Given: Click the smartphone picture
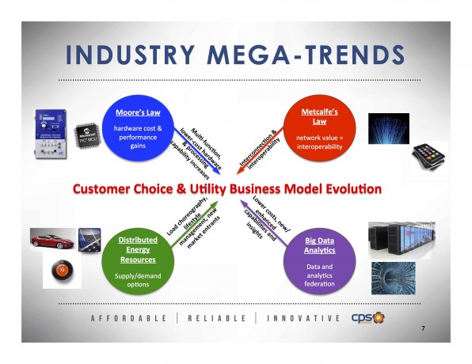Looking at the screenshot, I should [428, 150].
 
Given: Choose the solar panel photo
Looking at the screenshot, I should [89, 239].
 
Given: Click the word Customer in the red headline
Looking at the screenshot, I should [104, 190].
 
